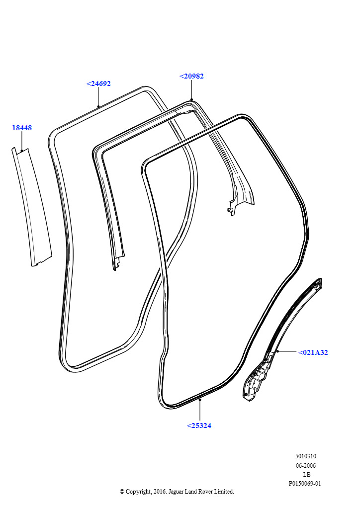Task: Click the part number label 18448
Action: pos(22,128)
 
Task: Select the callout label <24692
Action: pos(98,84)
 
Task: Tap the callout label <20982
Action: pos(191,76)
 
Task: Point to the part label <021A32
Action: pos(313,352)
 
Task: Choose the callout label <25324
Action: pos(199,425)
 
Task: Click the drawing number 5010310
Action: pos(305,456)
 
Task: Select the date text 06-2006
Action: pos(305,465)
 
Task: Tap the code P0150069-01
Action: pos(305,483)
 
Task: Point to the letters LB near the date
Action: pos(306,474)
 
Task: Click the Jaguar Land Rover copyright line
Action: pos(177,492)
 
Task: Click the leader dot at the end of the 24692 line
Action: pos(98,106)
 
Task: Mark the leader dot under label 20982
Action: pos(191,99)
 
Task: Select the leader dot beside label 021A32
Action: pos(277,351)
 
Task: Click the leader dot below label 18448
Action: pos(22,150)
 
